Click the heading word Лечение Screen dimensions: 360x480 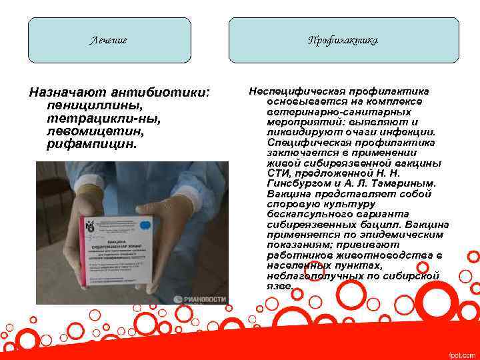click(109, 41)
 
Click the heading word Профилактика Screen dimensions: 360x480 click(343, 41)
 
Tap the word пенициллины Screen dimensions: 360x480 click(88, 105)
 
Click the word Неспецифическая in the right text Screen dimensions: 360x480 click(291, 91)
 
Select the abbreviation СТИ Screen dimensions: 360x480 click(277, 173)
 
